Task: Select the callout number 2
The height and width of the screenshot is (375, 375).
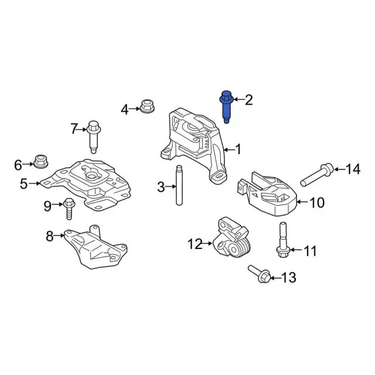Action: [248, 101]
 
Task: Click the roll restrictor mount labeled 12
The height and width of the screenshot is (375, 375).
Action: [231, 241]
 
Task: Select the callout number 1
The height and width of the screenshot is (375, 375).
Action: [238, 149]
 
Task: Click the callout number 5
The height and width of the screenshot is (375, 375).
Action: [23, 184]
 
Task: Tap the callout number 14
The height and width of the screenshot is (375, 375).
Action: [352, 170]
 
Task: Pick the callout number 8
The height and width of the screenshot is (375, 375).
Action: [50, 236]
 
